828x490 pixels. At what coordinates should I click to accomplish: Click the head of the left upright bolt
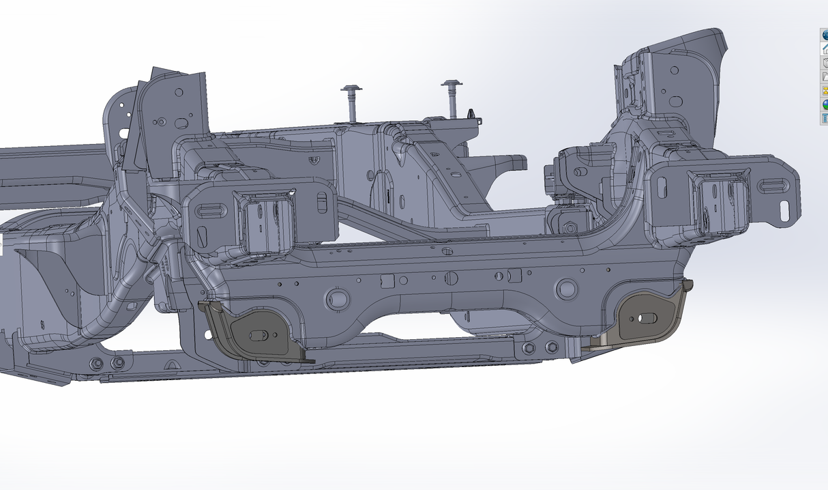click(352, 89)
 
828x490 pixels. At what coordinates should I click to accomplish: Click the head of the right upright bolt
click(452, 85)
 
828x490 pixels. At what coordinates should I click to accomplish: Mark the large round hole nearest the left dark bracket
click(337, 297)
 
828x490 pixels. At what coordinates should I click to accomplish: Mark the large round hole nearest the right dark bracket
click(567, 289)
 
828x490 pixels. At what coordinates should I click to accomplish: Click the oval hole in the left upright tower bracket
click(181, 124)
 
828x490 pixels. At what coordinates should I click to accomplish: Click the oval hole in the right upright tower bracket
click(676, 102)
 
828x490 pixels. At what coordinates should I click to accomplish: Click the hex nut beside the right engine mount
click(569, 227)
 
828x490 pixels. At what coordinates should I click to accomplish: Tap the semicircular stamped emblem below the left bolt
click(314, 160)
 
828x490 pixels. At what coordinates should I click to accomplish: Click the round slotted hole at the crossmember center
click(450, 278)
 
